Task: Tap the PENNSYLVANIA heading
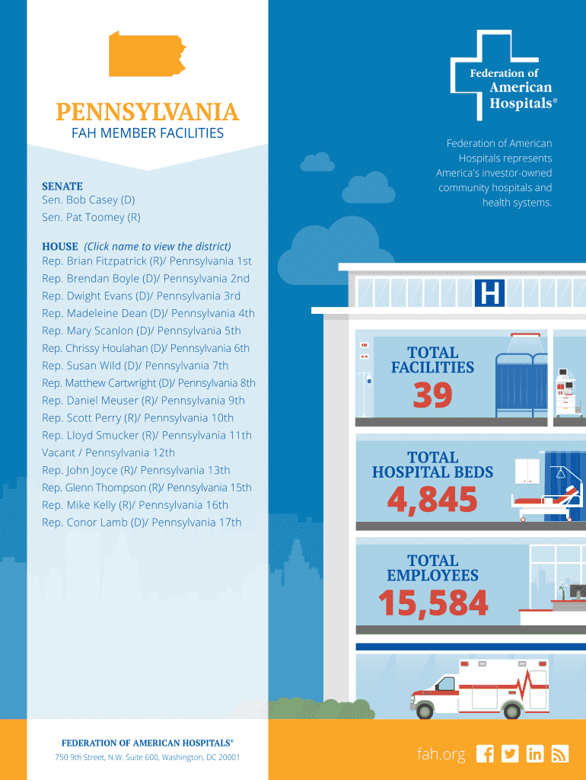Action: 147,113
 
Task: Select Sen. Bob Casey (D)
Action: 88,200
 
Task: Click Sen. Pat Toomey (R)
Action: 91,218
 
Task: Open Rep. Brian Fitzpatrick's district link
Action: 147,261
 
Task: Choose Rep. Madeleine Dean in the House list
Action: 148,314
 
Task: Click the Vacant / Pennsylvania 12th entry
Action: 108,453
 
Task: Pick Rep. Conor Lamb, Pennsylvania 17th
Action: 142,523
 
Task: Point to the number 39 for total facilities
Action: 432,396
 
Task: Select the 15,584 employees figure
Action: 433,604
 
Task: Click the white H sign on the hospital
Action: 490,293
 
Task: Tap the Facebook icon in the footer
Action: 485,753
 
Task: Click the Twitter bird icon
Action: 510,753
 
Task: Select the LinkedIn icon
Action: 535,753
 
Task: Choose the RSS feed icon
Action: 560,753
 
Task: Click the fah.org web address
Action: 441,754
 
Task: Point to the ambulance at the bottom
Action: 479,690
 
